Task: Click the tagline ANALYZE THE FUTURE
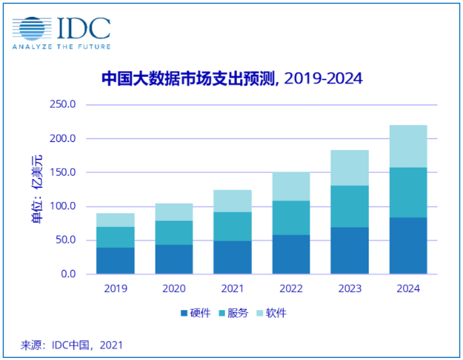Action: click(61, 46)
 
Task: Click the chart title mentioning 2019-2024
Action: click(231, 79)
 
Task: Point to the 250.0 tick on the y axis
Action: click(63, 105)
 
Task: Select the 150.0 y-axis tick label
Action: click(63, 172)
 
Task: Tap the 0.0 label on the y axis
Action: click(67, 274)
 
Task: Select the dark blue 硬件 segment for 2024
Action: click(408, 246)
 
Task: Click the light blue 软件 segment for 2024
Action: click(408, 146)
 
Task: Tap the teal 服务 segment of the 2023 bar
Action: click(349, 207)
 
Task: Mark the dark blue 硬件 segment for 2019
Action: click(115, 260)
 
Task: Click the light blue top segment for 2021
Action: click(232, 201)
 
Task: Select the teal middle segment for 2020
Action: click(174, 232)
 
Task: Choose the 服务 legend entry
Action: click(234, 313)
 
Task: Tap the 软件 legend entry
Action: click(271, 313)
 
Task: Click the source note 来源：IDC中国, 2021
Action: click(72, 345)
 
